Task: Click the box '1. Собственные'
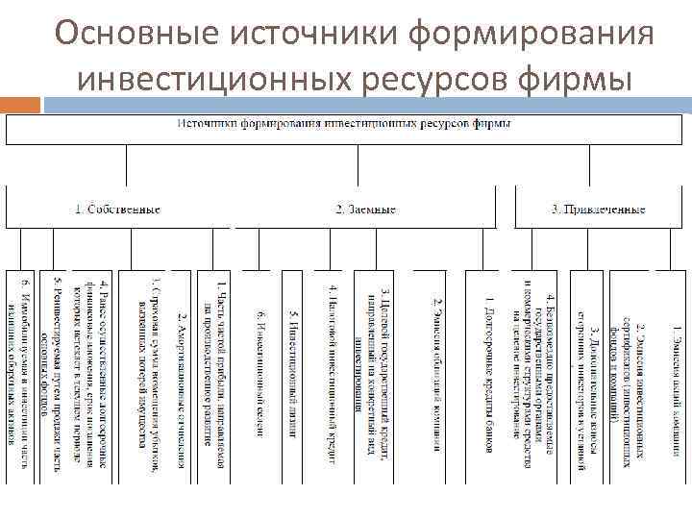(x=117, y=208)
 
